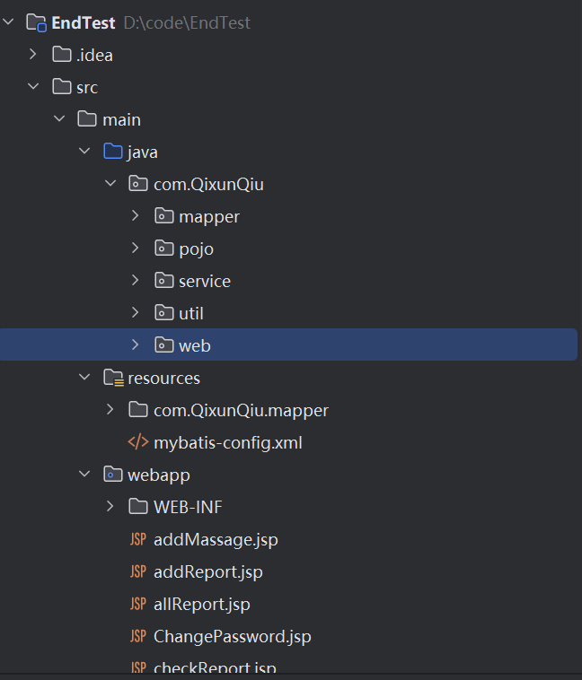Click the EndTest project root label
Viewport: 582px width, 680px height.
(x=84, y=22)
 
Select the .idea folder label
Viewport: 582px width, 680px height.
(x=94, y=55)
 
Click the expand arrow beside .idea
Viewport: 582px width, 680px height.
(x=33, y=55)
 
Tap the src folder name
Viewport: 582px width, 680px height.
(x=87, y=87)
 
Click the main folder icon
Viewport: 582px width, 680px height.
(x=87, y=119)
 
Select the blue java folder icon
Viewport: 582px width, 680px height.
(x=112, y=152)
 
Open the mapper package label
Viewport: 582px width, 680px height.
(x=208, y=216)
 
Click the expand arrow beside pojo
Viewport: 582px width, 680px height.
(x=135, y=248)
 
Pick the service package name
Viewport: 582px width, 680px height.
(x=205, y=281)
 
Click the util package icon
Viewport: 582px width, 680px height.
(x=163, y=313)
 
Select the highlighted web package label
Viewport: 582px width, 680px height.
(x=195, y=345)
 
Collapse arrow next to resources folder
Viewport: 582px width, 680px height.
(x=84, y=378)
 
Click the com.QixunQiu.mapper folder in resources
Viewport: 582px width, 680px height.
(x=241, y=410)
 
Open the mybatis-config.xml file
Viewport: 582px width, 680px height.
(x=227, y=442)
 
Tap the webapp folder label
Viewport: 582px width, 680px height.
(x=159, y=475)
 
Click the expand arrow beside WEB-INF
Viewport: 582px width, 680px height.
(x=110, y=507)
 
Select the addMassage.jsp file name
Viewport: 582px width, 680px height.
(x=216, y=539)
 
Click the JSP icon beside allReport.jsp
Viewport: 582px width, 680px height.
(x=137, y=604)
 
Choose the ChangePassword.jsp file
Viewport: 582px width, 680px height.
(x=232, y=636)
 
